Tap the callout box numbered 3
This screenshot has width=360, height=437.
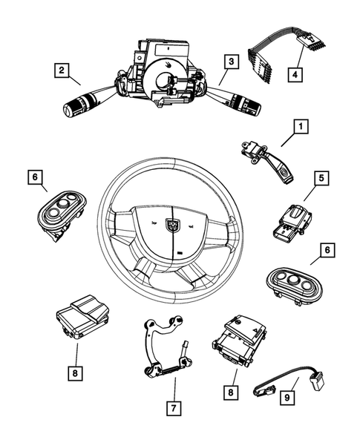coord(232,62)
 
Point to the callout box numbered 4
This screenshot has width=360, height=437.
coord(295,73)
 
